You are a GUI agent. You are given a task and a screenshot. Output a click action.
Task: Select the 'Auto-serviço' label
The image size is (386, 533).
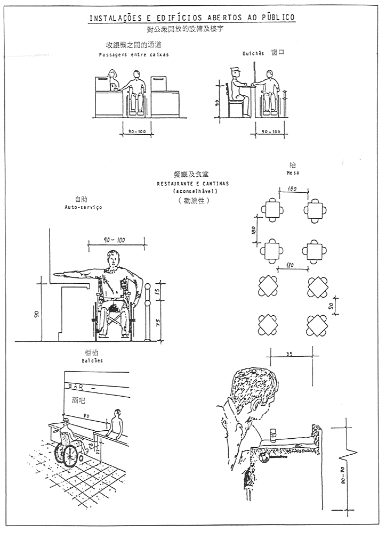[83, 207]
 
